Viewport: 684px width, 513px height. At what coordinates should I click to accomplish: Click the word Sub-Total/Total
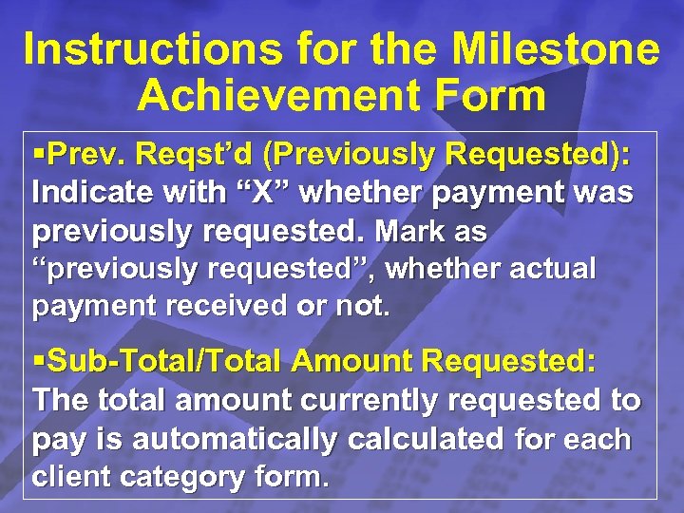click(x=165, y=362)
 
